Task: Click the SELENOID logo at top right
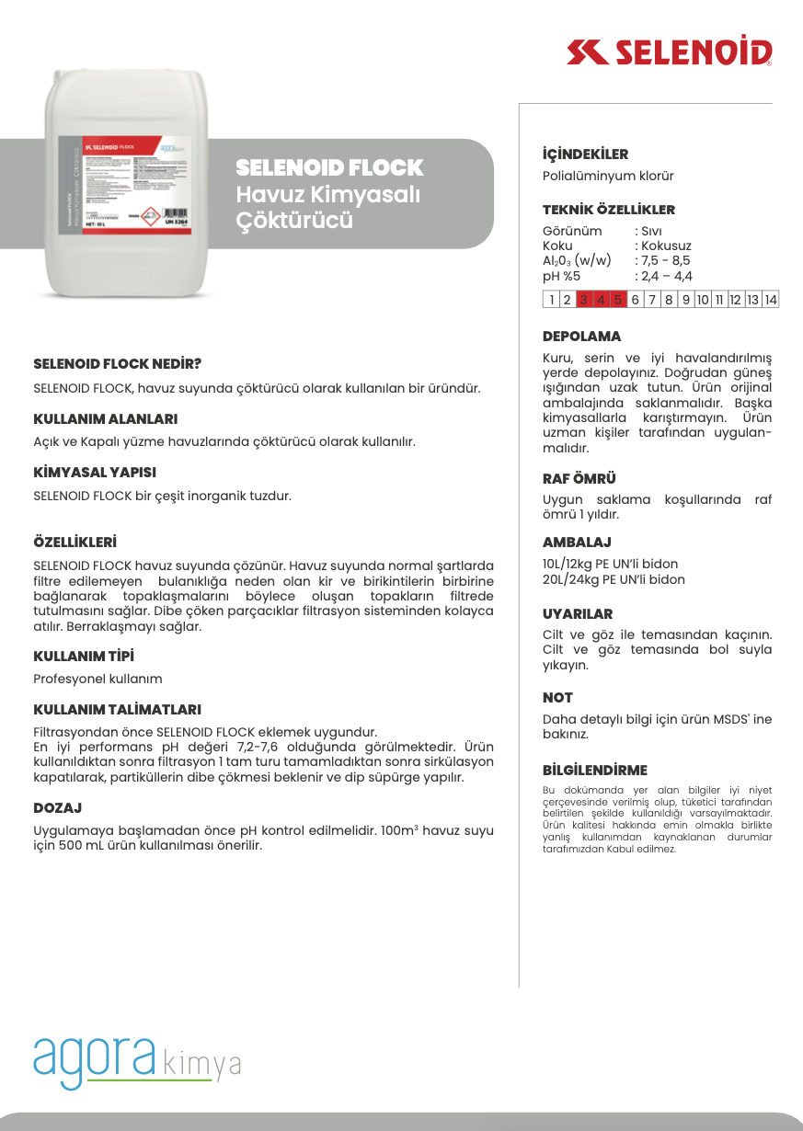670,51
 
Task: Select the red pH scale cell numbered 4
601,300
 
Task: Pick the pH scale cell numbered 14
770,300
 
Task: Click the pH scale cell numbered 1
552,300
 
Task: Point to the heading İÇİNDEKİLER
585,154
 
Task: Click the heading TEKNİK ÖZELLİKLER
608,210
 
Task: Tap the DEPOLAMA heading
581,337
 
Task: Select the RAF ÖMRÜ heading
579,479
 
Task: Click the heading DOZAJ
58,808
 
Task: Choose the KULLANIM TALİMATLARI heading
117,710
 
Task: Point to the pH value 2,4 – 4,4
666,276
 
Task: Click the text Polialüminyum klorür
608,177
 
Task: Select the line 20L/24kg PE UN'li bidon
614,580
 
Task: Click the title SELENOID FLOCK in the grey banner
329,168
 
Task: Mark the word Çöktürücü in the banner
294,222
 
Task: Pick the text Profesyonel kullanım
98,680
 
